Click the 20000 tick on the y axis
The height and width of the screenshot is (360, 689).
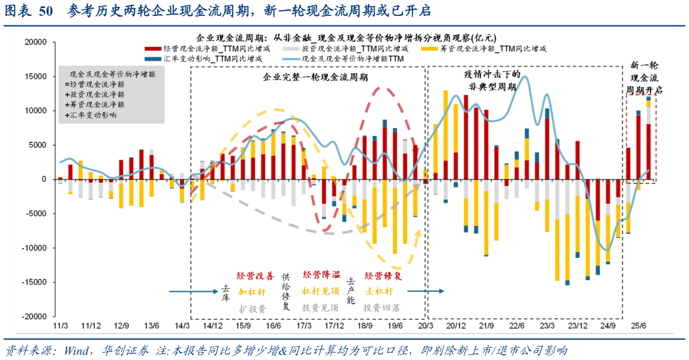(35, 41)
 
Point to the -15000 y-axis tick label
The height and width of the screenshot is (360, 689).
(33, 283)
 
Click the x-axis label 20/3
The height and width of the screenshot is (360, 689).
(424, 325)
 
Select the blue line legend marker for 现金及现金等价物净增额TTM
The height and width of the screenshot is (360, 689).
(290, 59)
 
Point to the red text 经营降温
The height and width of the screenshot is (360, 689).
(321, 275)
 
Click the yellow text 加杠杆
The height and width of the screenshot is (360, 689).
(252, 291)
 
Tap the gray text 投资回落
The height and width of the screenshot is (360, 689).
(382, 308)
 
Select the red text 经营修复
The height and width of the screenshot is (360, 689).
(382, 275)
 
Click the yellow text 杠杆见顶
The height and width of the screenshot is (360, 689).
(321, 291)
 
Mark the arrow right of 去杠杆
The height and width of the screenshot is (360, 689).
(426, 291)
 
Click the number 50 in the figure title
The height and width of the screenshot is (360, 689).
(46, 11)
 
